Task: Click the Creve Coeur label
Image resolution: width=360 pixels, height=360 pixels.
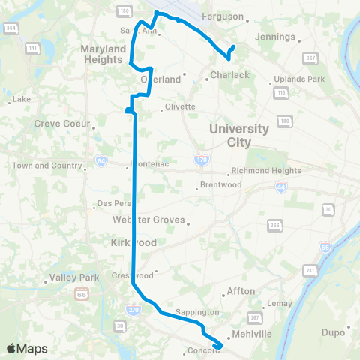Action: [62, 124]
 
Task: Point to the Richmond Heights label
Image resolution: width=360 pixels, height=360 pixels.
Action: [266, 170]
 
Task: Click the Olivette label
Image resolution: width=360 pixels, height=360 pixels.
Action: [179, 106]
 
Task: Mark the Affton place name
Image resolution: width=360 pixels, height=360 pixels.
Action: [243, 291]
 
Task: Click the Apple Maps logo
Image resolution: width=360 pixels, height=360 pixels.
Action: [27, 348]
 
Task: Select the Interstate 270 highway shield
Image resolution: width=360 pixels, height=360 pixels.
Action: [132, 309]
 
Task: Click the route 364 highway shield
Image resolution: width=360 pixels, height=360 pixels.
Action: [10, 28]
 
